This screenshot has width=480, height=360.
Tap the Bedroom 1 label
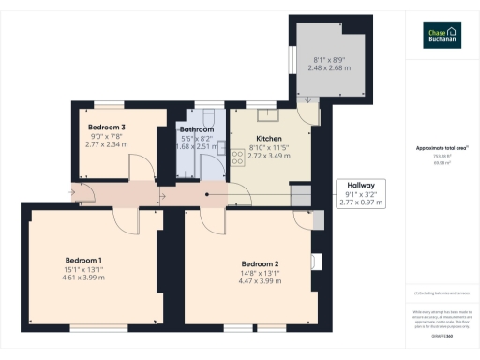pos(83,260)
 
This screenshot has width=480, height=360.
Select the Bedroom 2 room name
pos(260,263)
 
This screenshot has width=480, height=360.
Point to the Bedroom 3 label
pos(107,127)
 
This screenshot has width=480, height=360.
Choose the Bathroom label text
pos(196,129)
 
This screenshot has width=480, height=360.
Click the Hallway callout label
pos(361,186)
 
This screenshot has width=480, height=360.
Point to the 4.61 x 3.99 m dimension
pos(83,279)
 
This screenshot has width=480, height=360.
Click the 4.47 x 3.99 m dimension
pos(260,280)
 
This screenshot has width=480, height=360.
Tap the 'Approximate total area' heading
pos(442,148)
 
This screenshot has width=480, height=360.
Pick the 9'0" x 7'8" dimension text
pos(107,137)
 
